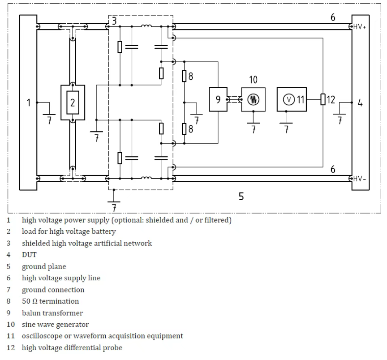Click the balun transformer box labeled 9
point(218,99)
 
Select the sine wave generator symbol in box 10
point(253,99)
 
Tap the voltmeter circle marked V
point(289,99)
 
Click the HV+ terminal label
point(360,26)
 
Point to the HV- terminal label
point(360,178)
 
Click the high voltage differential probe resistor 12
point(323,99)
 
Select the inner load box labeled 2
point(73,103)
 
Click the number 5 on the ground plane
point(241,197)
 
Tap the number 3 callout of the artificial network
point(114,21)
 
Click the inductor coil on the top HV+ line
point(146,25)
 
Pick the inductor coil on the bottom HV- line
point(146,177)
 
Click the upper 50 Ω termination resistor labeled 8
point(184,76)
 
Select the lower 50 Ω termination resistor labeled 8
point(184,129)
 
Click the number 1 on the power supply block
point(29,103)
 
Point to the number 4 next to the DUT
point(360,103)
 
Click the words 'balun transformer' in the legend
point(52,313)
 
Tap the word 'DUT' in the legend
point(29,255)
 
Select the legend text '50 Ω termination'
point(50,301)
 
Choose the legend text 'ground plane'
point(44,266)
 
